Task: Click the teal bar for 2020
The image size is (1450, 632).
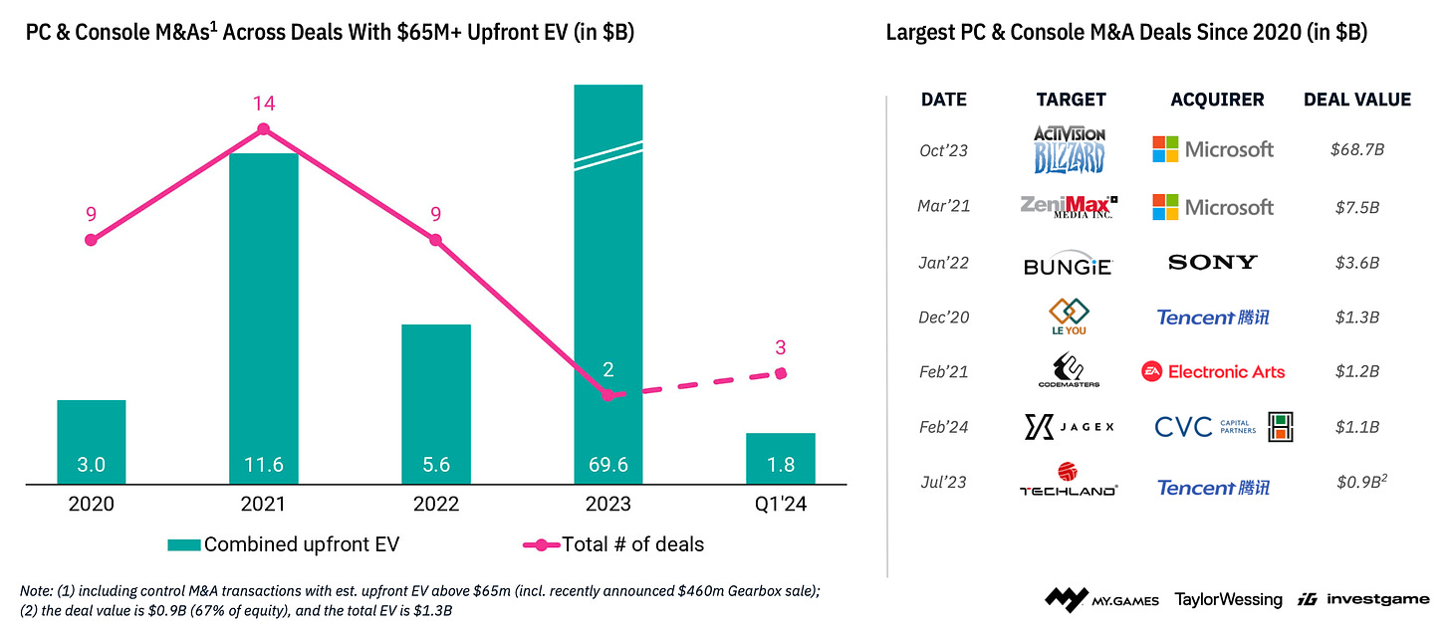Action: click(x=92, y=442)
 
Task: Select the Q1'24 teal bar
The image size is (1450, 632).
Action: click(x=781, y=459)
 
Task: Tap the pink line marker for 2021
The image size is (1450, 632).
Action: click(x=263, y=129)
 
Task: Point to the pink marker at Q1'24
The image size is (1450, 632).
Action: click(x=781, y=373)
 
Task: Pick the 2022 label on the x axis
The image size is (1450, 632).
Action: click(x=435, y=504)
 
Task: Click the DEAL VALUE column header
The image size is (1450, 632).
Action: click(x=1357, y=100)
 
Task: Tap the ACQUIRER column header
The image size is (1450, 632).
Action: click(x=1217, y=100)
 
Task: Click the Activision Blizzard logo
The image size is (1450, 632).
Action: click(x=1070, y=149)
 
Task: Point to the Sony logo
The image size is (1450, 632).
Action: click(x=1212, y=263)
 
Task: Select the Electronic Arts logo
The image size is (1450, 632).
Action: click(x=1213, y=371)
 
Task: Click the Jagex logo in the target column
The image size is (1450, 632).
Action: click(x=1070, y=427)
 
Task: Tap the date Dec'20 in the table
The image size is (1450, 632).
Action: click(x=943, y=317)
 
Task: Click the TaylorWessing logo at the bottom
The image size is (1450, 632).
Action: click(x=1228, y=599)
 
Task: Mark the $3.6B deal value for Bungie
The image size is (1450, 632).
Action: click(x=1357, y=263)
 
